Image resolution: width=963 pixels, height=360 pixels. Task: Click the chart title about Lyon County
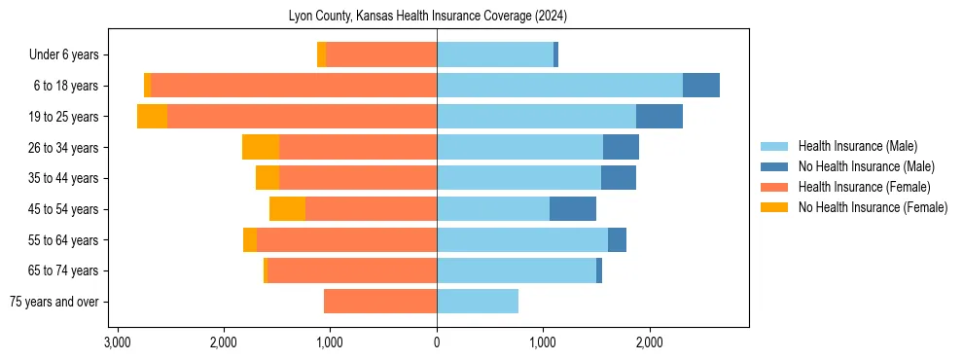click(428, 17)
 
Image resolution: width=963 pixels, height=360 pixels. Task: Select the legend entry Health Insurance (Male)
click(857, 146)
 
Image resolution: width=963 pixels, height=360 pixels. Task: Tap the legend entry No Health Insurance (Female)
click(873, 207)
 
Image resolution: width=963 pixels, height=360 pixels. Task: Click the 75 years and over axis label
click(53, 302)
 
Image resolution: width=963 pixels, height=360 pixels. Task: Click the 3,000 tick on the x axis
click(117, 342)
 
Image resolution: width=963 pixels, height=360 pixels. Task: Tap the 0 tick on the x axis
click(437, 342)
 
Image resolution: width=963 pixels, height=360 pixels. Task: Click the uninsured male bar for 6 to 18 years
click(701, 86)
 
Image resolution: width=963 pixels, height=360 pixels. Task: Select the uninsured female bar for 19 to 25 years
click(152, 117)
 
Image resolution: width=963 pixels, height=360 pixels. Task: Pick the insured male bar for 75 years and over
click(478, 302)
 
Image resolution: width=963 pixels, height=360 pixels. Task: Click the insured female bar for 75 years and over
click(380, 302)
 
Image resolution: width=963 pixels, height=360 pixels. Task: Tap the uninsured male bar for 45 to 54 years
click(573, 209)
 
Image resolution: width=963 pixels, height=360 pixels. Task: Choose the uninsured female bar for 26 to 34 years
click(261, 147)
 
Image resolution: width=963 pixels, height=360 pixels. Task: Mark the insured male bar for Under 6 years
click(495, 54)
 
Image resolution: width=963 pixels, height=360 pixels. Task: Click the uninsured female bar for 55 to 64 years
click(250, 239)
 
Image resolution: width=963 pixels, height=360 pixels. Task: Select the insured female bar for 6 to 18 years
click(294, 86)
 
